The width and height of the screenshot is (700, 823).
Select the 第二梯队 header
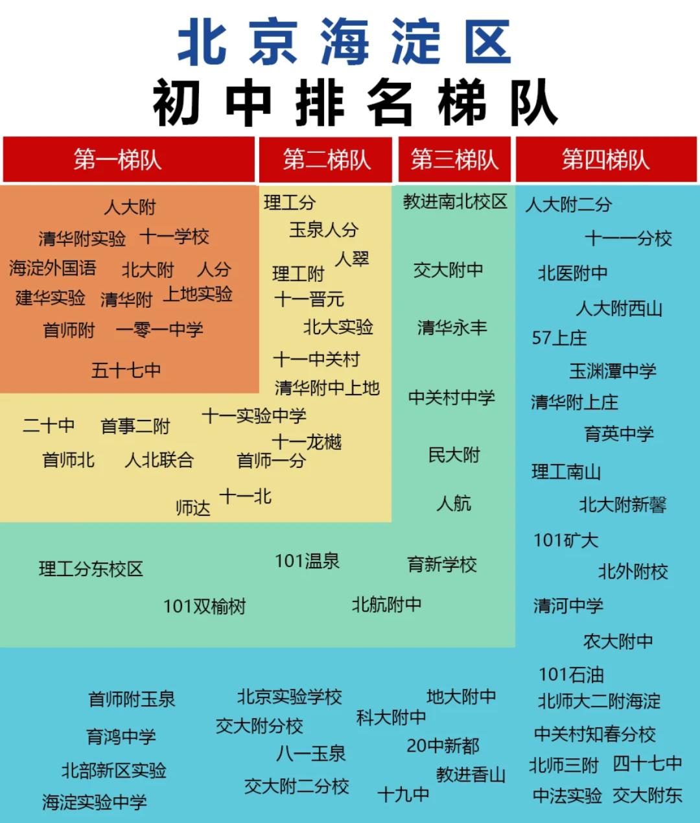point(326,159)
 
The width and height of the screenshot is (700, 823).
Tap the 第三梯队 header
point(454,159)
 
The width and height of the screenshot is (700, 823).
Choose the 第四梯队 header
point(606,159)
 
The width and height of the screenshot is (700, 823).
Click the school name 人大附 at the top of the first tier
point(130,207)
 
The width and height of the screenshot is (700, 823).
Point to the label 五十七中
point(126,370)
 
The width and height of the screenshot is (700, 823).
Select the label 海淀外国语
point(52,268)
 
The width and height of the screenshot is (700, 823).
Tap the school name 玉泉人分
point(323,229)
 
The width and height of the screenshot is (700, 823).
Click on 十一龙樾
point(307,443)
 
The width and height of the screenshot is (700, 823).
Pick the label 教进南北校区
point(455,202)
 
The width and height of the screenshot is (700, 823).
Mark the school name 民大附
point(454,455)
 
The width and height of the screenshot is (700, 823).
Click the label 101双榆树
point(204,607)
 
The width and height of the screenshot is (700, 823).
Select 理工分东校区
point(91,569)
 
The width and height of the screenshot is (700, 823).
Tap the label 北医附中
point(572,273)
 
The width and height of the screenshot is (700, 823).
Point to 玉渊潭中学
point(612,371)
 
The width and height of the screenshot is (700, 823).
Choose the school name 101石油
point(571,675)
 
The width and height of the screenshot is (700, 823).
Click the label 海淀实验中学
point(95,802)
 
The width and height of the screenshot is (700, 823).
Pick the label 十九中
point(403,794)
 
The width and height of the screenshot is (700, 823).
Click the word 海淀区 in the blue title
point(415,42)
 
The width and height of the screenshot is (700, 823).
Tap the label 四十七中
point(647,764)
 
